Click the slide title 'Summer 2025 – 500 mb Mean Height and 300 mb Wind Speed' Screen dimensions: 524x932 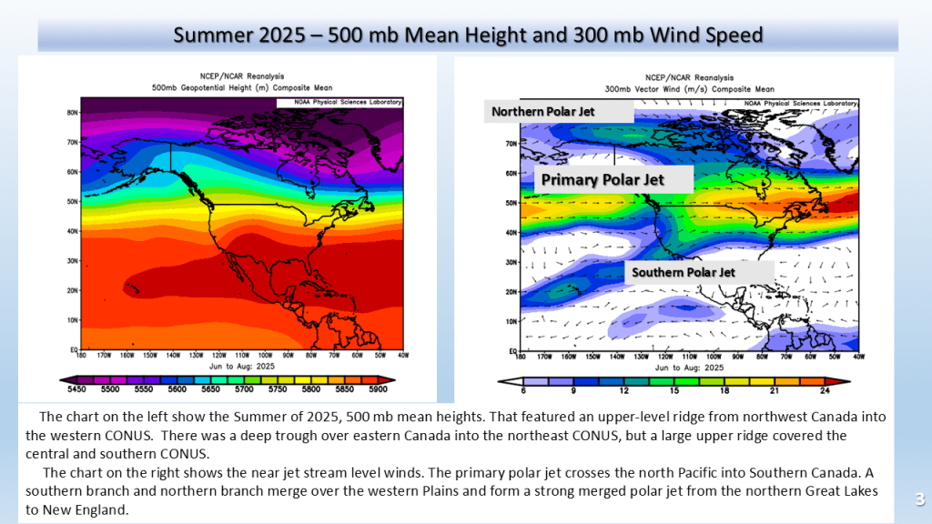468,35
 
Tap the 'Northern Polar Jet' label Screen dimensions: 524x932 543,112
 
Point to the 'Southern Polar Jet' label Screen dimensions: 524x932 684,271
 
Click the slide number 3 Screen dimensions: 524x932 919,499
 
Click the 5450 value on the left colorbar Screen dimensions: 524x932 75,388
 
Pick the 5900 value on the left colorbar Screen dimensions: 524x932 379,388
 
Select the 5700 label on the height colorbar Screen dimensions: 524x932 244,388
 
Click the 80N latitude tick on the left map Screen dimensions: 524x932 71,113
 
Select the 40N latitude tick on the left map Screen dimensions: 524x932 71,231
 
